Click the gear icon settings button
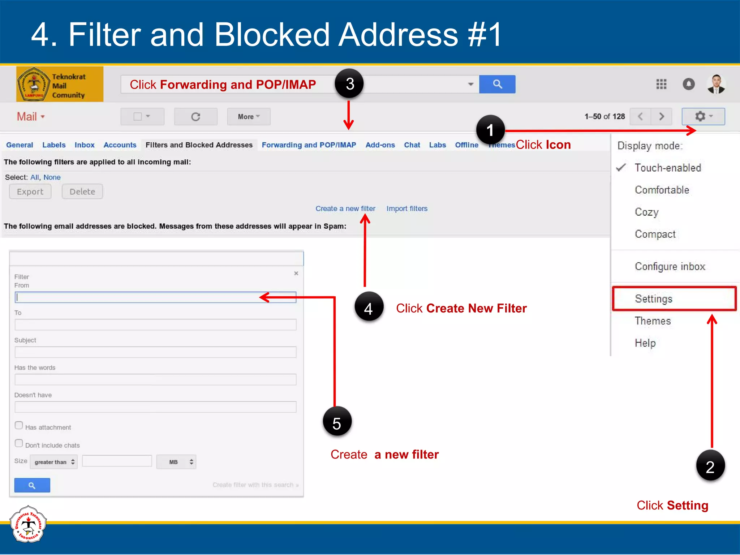tap(703, 116)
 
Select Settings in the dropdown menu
tap(653, 299)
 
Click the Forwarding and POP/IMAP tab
tap(309, 145)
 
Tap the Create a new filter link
tap(345, 208)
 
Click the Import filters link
tap(406, 208)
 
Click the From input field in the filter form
tap(155, 297)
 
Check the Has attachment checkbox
tap(19, 425)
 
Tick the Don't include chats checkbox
tap(19, 443)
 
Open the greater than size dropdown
tap(54, 462)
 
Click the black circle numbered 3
tap(349, 84)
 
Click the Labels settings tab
tap(54, 145)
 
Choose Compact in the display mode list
tap(655, 234)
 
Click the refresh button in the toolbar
tap(195, 117)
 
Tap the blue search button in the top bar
tap(497, 84)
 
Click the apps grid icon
tap(661, 84)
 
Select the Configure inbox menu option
tap(670, 267)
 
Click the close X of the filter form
tap(296, 274)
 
